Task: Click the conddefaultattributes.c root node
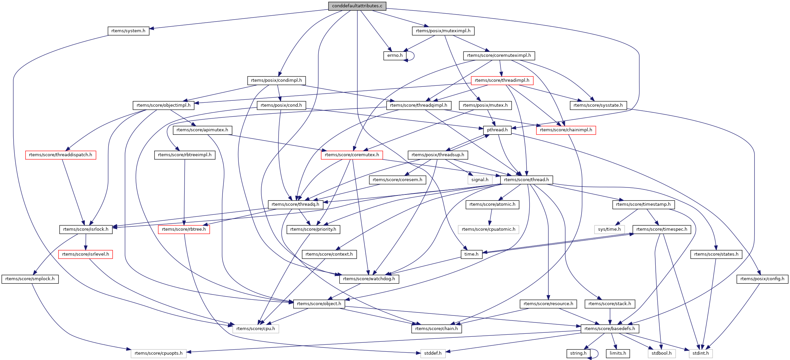coord(357,6)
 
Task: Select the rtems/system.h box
coord(128,31)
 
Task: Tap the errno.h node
coord(395,56)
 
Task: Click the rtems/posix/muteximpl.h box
coord(443,31)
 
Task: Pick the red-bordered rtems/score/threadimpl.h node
coord(502,80)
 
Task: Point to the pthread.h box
coord(497,130)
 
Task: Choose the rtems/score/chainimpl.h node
coord(566,130)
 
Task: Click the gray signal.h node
coord(480,180)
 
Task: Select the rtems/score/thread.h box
coord(526,180)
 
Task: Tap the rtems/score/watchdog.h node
coord(369,279)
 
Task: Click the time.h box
coord(471,254)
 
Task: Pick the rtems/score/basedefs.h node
coord(609,329)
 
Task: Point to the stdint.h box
coord(701,353)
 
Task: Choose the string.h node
coord(578,353)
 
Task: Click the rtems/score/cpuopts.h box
coord(159,353)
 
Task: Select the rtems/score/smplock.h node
coord(30,279)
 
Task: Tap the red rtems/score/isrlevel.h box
coord(85,254)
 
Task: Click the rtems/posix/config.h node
coord(762,279)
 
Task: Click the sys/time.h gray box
coord(609,229)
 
